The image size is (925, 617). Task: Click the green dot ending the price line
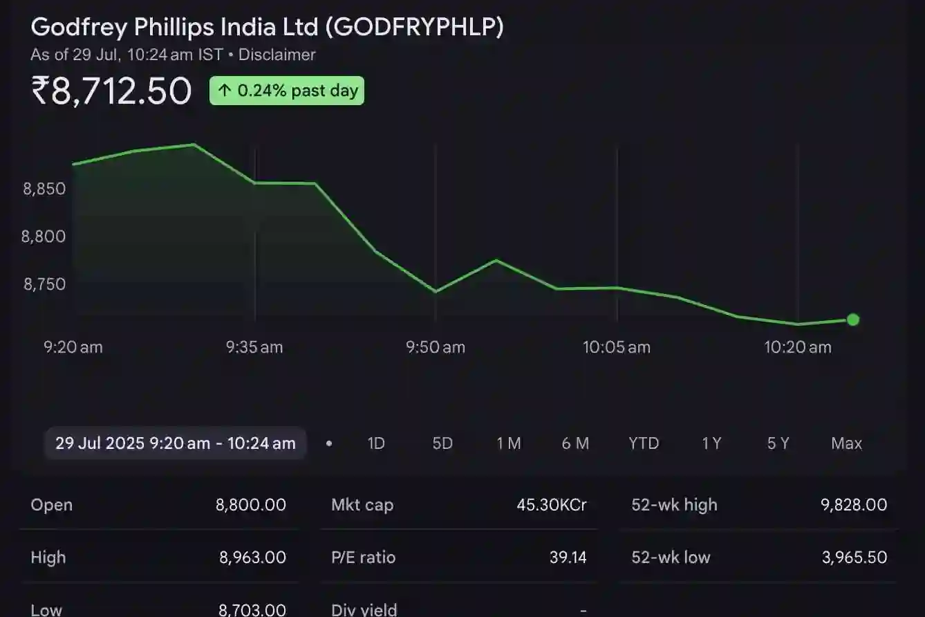pos(853,320)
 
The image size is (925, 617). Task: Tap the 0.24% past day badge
pos(287,91)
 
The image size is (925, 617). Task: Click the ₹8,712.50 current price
pos(111,91)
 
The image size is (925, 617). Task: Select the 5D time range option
pos(442,443)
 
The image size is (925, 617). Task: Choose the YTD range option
pos(644,443)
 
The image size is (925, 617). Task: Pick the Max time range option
pos(846,443)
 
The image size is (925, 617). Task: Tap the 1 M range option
pos(509,443)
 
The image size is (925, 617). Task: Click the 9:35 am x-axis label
pos(254,347)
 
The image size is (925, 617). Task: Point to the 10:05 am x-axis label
pos(617,347)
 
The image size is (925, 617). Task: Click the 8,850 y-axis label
pos(45,189)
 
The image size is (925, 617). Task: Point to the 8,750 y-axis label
pos(45,284)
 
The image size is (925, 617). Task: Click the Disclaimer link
pos(277,55)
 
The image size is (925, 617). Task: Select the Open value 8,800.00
pos(251,505)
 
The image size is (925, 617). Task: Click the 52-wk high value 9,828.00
pos(854,505)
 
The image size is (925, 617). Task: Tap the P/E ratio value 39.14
pos(568,558)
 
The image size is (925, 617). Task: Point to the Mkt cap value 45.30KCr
pos(551,505)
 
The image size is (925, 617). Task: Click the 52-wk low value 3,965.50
pos(854,558)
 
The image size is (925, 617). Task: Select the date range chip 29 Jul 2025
pos(176,443)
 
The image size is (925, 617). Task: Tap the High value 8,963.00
pos(252,558)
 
